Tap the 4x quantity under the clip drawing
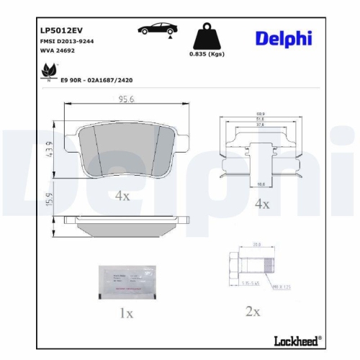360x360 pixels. point(261,204)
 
